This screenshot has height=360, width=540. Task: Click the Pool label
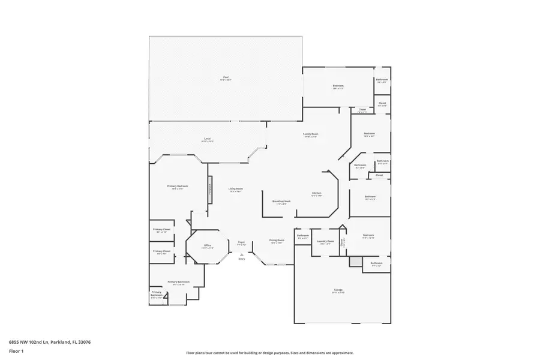(226, 77)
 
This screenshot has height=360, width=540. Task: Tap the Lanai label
(207, 139)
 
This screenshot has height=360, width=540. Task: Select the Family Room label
(310, 134)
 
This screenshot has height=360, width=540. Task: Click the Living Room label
(235, 189)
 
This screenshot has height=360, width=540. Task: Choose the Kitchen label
(317, 193)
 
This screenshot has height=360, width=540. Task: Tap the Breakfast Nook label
(281, 202)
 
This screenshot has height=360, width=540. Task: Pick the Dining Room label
(277, 241)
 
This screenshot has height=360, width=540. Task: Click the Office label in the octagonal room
(207, 245)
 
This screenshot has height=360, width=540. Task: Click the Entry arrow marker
(242, 254)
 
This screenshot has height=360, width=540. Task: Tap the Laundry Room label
(325, 242)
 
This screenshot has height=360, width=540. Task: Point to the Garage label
(338, 290)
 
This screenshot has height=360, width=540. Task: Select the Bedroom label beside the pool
(338, 86)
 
